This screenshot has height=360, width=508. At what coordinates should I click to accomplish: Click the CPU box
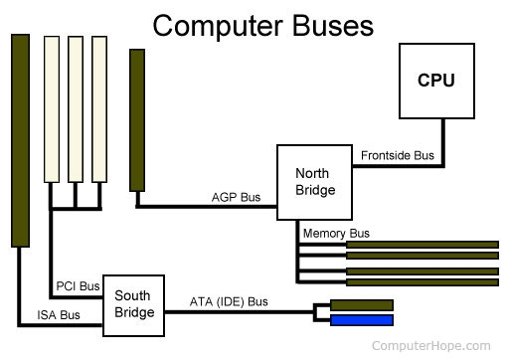pos(435,81)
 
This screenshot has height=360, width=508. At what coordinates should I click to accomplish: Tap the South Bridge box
pos(133,303)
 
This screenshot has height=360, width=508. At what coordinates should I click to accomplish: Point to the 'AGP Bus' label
pos(237,197)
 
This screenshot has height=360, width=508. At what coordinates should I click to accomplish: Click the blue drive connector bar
pos(362,320)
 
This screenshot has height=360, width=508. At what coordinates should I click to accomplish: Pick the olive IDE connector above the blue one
pos(362,304)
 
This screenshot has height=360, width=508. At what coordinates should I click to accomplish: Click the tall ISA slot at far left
pos(20,139)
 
